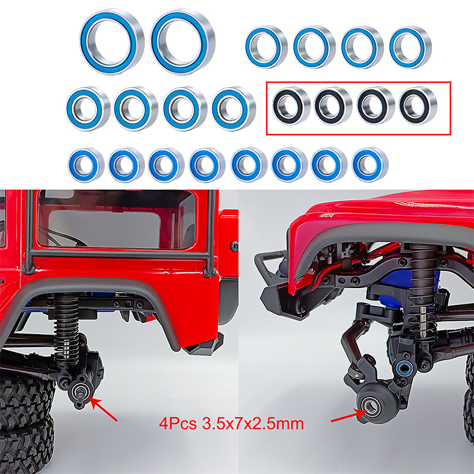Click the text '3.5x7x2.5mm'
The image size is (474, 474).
tap(253, 424)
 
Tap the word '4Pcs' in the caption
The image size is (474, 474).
tap(178, 424)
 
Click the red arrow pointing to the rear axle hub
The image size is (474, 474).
tap(103, 409)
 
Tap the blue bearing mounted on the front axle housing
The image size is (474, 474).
tap(403, 368)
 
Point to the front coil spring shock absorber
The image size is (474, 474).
tap(423, 293)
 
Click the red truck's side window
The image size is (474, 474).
tap(116, 220)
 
